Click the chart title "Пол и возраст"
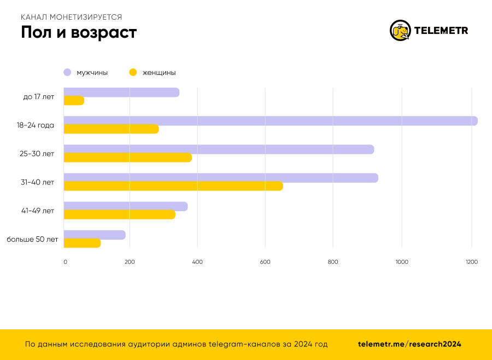pos(79,32)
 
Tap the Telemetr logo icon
pos(400,31)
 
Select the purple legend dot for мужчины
pos(68,72)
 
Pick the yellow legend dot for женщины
pos(132,72)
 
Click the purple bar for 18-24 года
pos(271,121)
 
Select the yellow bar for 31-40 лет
pos(173,186)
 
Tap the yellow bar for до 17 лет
pos(74,101)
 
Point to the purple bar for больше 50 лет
pos(95,235)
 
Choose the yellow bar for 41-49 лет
pos(120,214)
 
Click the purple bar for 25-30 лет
pos(219,149)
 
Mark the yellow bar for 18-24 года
pos(111,129)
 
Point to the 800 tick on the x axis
pos(333,262)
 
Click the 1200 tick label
pos(471,262)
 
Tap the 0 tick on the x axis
pos(65,262)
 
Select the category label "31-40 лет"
pos(38,182)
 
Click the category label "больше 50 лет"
pos(32,239)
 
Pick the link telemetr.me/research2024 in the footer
pos(409,344)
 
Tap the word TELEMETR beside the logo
pos(441,31)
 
